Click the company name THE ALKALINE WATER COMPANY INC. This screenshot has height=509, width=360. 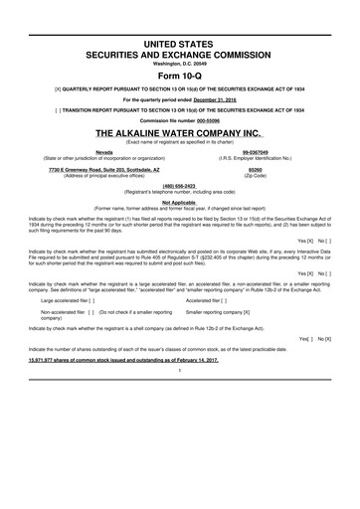tap(180, 132)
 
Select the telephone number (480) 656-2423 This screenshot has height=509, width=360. tap(180, 185)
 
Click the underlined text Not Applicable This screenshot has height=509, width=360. tap(180, 201)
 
